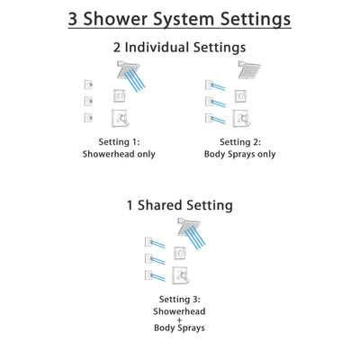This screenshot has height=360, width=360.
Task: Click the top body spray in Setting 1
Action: coord(86,84)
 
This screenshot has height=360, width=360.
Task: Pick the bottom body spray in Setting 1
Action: coord(86,118)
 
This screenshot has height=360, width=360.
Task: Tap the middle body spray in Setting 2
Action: coord(210,101)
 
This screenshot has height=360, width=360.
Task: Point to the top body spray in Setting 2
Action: coord(210,84)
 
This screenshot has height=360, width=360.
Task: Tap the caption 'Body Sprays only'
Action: coord(244,154)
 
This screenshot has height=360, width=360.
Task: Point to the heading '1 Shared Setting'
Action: coord(180,205)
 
